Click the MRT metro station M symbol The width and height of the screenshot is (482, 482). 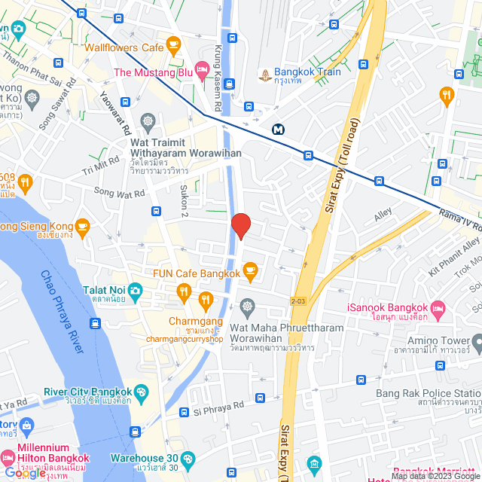[279, 129]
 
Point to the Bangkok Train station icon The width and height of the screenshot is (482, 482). [264, 73]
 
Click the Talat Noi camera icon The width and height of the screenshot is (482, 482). [135, 290]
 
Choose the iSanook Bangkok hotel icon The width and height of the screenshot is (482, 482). [440, 307]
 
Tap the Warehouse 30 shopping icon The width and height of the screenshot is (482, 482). [188, 458]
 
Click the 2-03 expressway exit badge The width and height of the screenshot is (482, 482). [299, 301]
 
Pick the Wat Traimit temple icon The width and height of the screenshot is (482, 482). [148, 121]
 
